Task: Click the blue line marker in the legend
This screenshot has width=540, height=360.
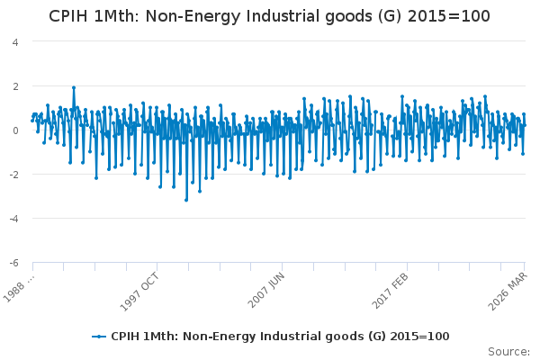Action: click(99, 336)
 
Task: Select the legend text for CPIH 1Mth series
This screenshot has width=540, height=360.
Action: click(280, 336)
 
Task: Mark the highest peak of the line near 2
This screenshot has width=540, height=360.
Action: click(74, 87)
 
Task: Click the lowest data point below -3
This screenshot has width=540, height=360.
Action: click(186, 200)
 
